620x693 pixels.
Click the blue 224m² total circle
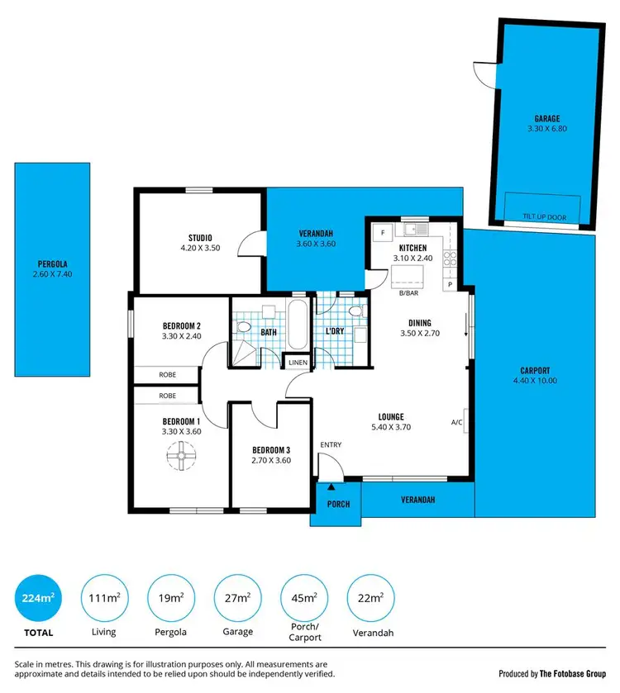[x=38, y=598]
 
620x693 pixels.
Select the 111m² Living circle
[x=103, y=598]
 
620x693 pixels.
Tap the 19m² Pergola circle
[x=170, y=598]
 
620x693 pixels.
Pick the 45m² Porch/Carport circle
[x=303, y=598]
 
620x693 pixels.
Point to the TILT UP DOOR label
[x=544, y=216]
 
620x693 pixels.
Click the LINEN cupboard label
[x=297, y=362]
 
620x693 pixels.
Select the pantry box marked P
[x=450, y=284]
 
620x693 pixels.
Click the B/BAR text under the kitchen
[x=408, y=292]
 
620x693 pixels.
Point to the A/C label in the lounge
[x=456, y=422]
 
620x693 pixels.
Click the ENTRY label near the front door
[x=331, y=445]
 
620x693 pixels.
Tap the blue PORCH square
[x=337, y=504]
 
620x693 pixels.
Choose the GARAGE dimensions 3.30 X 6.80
[x=547, y=129]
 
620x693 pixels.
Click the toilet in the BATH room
[x=242, y=329]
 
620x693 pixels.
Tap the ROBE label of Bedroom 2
[x=168, y=374]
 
